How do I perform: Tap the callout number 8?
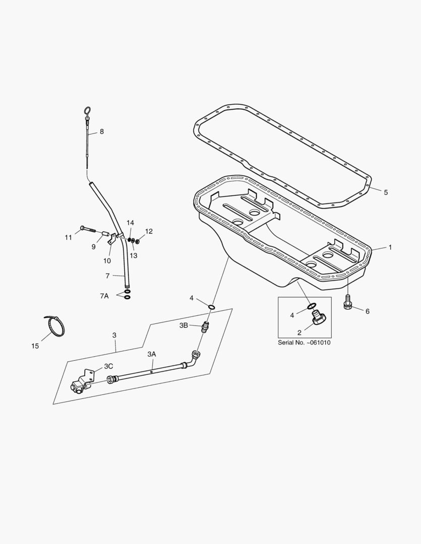point(102,131)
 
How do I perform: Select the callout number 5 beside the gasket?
point(386,192)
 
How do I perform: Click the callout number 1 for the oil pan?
point(390,247)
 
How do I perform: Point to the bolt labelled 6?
point(347,302)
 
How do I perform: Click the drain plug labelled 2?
point(318,317)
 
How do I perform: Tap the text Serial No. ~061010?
point(304,343)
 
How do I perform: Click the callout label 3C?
point(108,366)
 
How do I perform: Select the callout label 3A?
point(151,354)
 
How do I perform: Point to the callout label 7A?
point(104,296)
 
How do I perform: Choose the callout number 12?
point(149,231)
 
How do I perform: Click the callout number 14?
point(130,223)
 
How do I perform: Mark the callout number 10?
point(107,260)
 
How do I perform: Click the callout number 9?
point(93,247)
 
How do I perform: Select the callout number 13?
point(134,256)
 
